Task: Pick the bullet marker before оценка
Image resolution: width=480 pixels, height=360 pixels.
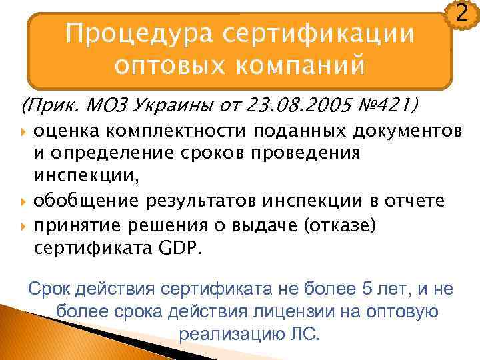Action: click(x=24, y=129)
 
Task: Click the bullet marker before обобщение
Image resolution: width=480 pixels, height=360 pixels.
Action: click(x=24, y=199)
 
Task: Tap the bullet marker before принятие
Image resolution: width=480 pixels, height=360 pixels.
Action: click(x=24, y=225)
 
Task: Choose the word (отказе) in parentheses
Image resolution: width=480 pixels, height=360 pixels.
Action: click(x=341, y=225)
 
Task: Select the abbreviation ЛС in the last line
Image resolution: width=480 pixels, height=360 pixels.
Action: click(x=304, y=333)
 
